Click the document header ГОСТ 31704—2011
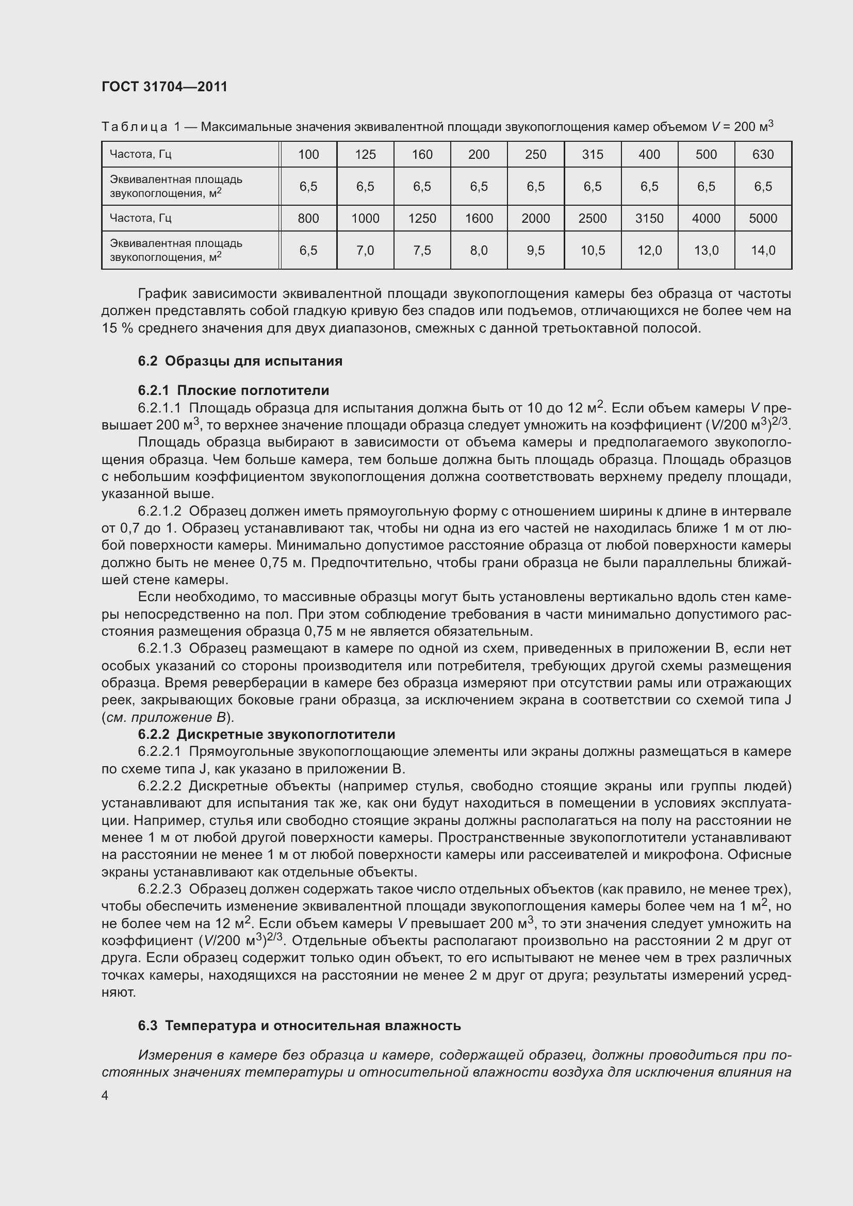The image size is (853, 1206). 165,87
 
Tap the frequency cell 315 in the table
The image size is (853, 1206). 592,155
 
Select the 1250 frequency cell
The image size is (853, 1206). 422,219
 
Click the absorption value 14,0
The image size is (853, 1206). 763,251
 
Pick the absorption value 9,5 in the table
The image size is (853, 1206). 535,251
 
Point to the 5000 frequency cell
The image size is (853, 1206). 763,219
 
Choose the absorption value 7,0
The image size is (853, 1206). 365,251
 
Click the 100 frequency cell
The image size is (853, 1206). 308,155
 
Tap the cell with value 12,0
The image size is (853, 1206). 649,251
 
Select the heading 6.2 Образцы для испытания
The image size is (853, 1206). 240,361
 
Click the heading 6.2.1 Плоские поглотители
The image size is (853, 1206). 233,390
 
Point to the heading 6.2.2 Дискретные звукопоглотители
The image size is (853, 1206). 266,734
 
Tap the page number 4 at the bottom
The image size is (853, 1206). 105,1096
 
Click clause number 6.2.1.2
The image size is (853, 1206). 159,511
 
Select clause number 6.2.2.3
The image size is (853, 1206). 159,889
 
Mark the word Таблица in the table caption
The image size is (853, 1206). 135,127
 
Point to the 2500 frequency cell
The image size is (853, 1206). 592,219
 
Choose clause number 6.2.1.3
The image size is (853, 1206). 159,649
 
